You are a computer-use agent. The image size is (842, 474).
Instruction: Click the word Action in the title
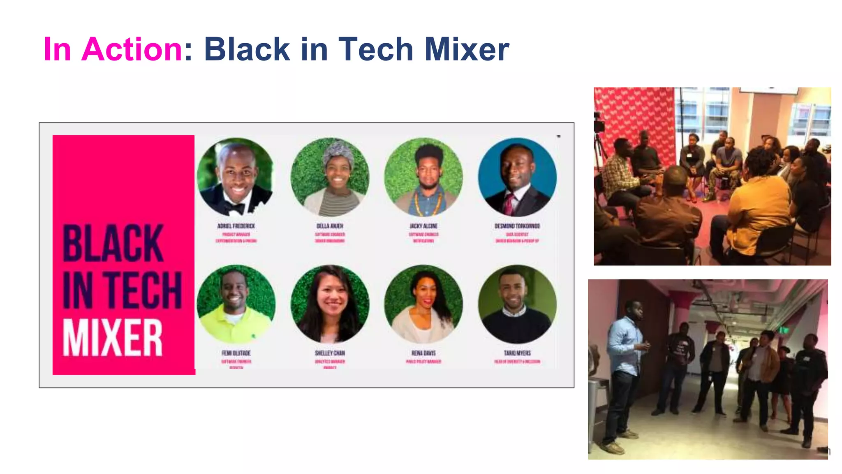pos(132,49)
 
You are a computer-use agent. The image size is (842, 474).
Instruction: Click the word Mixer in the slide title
pos(467,49)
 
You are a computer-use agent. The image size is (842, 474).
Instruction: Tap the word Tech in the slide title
pos(375,49)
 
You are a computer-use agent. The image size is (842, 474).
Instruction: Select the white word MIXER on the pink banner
pos(113,338)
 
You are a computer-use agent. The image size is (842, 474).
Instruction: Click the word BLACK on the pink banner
pos(113,244)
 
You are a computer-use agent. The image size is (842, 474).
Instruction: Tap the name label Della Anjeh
pos(330,226)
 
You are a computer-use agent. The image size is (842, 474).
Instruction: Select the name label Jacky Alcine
pos(423,226)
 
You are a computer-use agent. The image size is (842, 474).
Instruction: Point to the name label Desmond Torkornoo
pos(517,226)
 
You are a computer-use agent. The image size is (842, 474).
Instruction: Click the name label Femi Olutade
pos(236,353)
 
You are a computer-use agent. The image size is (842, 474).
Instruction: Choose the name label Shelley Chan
pos(330,353)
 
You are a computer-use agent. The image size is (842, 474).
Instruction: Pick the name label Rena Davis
pos(423,353)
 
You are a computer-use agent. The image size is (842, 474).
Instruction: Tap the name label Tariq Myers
pos(517,353)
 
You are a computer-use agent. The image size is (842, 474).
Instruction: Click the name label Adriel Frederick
pos(236,226)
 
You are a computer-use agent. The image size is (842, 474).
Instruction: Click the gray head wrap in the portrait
pos(338,154)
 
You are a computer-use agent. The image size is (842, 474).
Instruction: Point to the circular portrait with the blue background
pos(517,177)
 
